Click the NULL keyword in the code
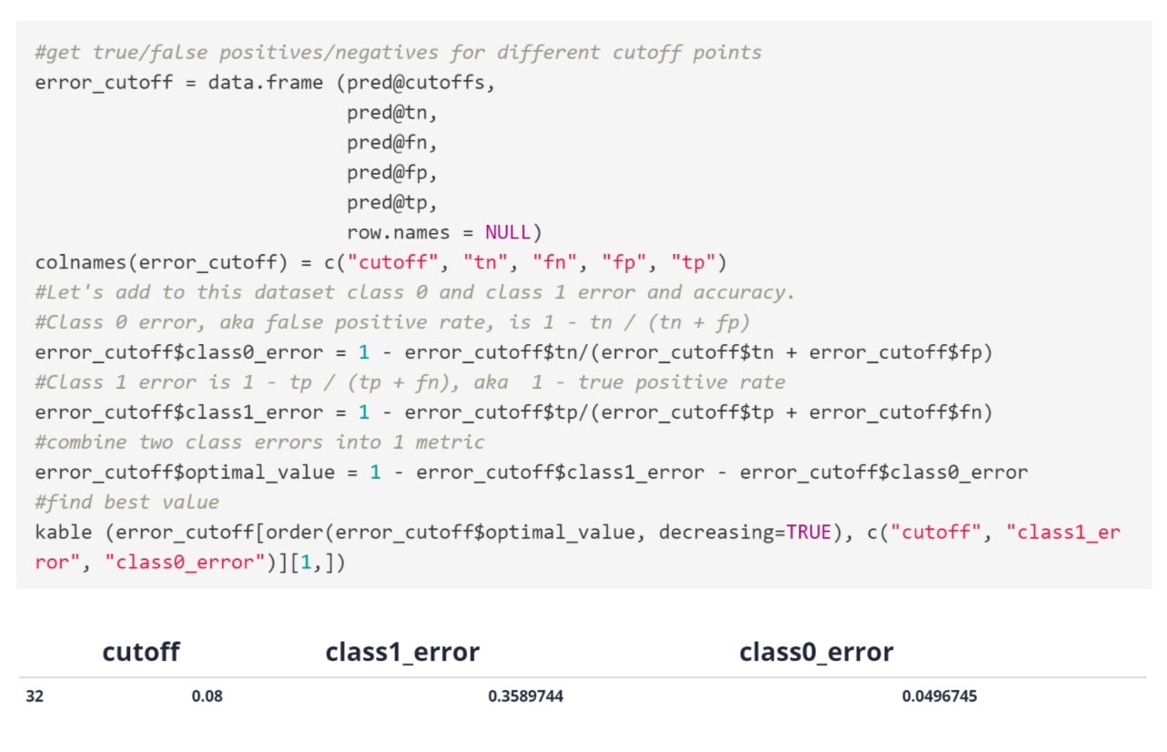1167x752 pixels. tap(507, 232)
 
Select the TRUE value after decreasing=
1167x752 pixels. tap(808, 533)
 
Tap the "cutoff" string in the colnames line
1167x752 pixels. tap(393, 263)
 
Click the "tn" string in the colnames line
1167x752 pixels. tap(481, 263)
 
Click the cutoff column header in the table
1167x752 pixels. tap(141, 652)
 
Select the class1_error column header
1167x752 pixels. tap(402, 652)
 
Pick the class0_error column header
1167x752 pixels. tap(816, 652)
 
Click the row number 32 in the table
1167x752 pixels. tap(35, 697)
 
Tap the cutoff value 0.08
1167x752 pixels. tap(207, 697)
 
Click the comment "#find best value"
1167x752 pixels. tap(127, 503)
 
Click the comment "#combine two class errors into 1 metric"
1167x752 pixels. tap(259, 442)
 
